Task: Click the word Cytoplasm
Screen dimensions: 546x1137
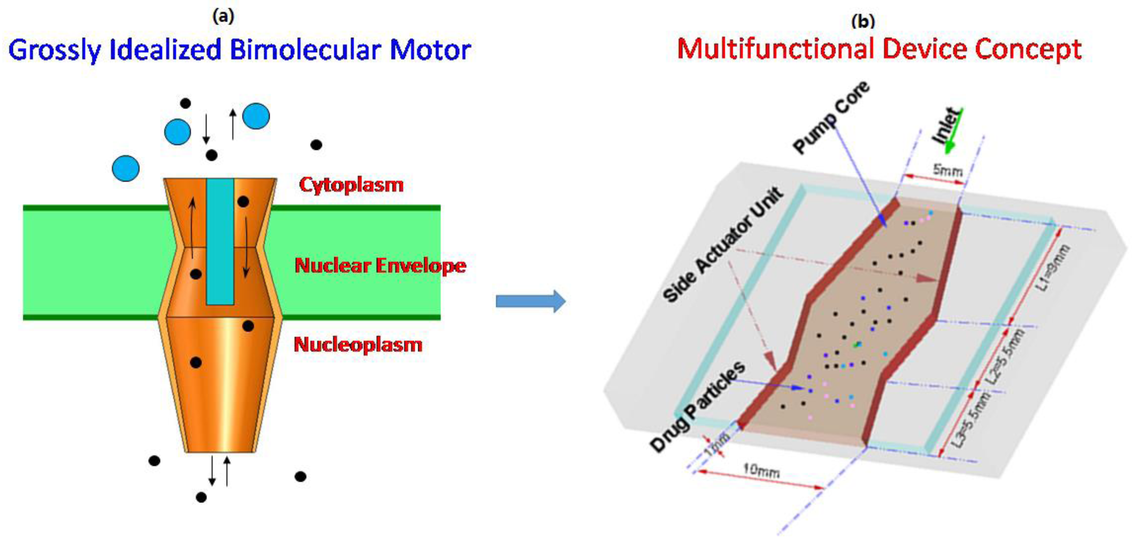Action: coord(351,184)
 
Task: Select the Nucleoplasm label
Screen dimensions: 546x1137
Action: coord(358,344)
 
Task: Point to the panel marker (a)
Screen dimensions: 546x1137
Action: coord(223,16)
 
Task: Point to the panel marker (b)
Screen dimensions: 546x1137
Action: coord(863,21)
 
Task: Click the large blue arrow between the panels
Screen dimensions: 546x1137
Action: coord(530,301)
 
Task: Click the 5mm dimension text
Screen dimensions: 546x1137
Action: coord(947,170)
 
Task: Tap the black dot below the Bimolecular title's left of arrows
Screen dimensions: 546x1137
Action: coord(185,103)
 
